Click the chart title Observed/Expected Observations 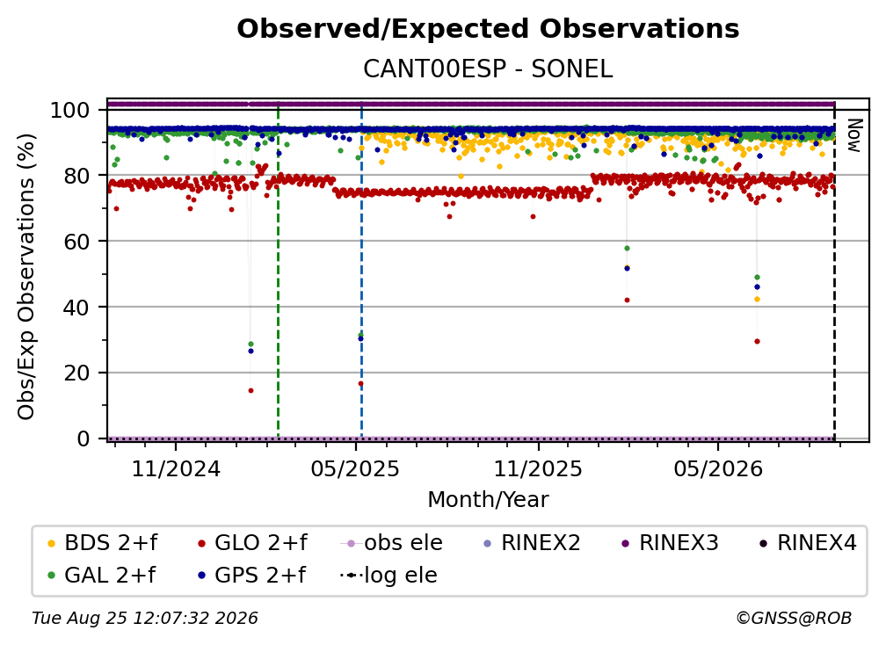[488, 29]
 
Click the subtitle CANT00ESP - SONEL [488, 69]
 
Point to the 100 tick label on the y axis [70, 110]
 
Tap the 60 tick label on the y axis [76, 242]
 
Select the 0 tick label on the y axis [84, 438]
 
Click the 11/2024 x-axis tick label [176, 469]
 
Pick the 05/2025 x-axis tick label [355, 469]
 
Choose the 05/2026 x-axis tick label [718, 469]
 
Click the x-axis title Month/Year [488, 500]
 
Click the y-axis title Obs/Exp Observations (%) [26, 277]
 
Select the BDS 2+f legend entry [102, 543]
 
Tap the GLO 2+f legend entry [252, 543]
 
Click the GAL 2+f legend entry [102, 576]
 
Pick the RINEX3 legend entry [670, 543]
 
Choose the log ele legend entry [389, 576]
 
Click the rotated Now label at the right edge [853, 135]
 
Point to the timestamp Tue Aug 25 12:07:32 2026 [145, 619]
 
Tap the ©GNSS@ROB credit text [794, 619]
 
